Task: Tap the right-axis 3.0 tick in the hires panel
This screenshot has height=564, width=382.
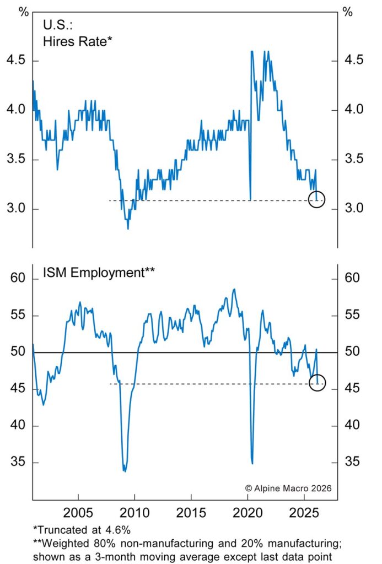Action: click(354, 209)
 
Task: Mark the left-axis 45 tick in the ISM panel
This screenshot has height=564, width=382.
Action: click(18, 389)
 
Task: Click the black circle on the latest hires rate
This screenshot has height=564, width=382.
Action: click(317, 199)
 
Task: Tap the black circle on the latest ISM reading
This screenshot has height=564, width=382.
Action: click(318, 382)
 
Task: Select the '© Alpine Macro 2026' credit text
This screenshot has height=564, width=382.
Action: click(288, 488)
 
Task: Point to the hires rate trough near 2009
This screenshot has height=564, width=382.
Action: click(128, 228)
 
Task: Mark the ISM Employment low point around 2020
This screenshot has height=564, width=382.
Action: click(252, 463)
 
